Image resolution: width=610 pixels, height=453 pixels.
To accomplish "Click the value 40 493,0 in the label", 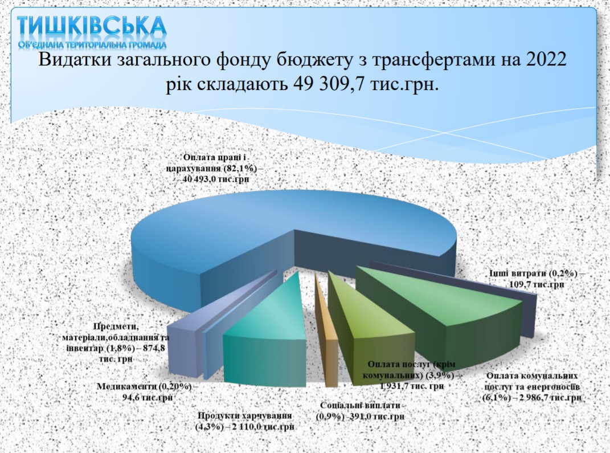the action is tap(203, 179).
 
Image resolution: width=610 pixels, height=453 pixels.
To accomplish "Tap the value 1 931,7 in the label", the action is tap(396, 386).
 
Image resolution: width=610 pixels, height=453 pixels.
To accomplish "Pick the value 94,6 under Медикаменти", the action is tap(131, 398).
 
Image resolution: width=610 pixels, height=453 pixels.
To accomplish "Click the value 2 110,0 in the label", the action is tap(248, 427).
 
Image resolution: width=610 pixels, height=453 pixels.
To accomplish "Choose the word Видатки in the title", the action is tap(64, 60).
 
